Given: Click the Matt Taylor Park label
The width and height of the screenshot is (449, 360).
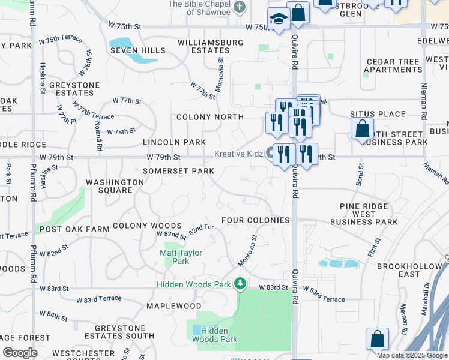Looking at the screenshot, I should tap(181, 257).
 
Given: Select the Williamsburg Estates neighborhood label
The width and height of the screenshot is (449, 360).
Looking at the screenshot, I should tap(210, 47).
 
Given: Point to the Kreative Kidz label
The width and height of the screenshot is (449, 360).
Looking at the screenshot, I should tap(239, 154).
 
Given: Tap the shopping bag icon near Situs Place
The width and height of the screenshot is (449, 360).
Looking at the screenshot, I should tap(362, 128).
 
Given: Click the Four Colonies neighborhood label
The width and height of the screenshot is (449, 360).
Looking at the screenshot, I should tap(256, 220).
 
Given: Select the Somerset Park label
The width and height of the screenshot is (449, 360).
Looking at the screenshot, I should tap(178, 171).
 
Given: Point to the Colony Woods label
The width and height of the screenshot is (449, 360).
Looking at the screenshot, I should tap(139, 226).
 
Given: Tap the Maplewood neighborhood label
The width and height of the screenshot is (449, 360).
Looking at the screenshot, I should tap(174, 306).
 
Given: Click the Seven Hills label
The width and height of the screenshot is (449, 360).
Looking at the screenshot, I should tap(137, 51).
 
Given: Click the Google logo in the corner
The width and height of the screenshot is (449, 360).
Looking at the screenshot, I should tap(20, 352).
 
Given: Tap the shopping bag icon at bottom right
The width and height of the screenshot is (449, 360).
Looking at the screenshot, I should tap(377, 339).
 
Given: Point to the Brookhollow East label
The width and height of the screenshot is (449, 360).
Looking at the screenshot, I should tap(418, 269).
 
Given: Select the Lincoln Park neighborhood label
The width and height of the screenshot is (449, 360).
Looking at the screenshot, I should tap(174, 142).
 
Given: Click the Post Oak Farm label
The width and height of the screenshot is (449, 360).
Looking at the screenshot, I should tap(74, 229).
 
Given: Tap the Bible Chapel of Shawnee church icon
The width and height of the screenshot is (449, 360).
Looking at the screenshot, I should tap(239, 7).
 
